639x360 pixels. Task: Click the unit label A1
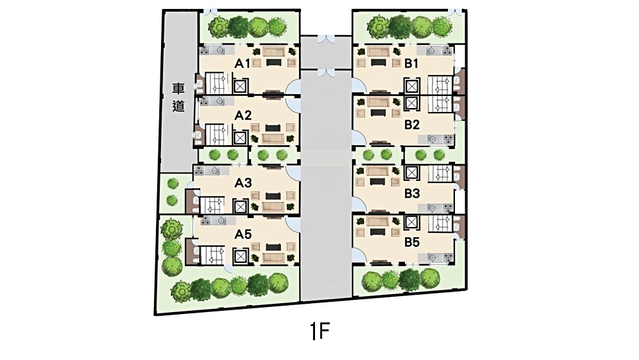[x=242, y=63]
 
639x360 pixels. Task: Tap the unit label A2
[x=243, y=116]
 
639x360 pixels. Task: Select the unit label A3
[x=243, y=183]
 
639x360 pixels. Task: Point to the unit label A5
[x=243, y=234]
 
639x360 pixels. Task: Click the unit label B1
[x=412, y=63]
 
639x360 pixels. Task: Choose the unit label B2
[x=412, y=124]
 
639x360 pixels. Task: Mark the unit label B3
[x=412, y=193]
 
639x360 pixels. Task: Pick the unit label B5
[x=412, y=242]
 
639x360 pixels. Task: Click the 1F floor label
[x=319, y=331]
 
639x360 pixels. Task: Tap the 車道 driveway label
[x=178, y=97]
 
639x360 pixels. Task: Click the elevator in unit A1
[x=240, y=86]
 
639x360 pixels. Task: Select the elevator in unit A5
[x=240, y=256]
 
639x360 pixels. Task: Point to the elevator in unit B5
[x=412, y=222]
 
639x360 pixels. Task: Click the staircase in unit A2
[x=215, y=134]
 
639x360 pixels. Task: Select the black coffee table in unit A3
[x=272, y=196]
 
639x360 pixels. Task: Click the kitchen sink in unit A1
[x=220, y=50]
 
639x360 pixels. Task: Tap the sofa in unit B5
[x=378, y=221]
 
